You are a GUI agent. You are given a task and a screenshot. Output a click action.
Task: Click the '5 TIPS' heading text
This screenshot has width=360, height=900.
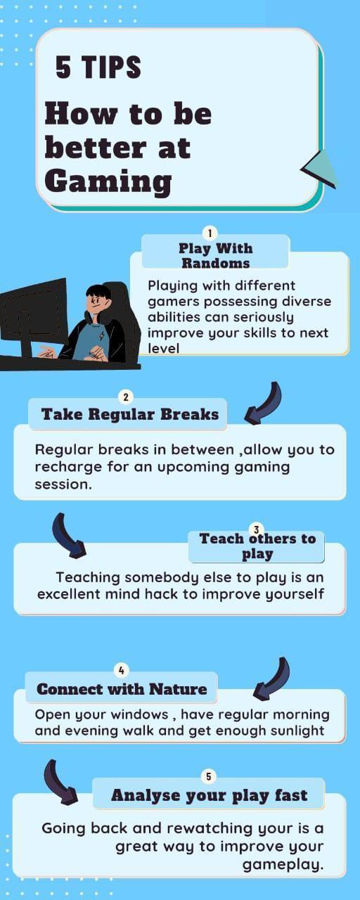[98, 68]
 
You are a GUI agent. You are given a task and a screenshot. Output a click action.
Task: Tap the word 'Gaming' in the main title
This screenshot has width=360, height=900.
[108, 181]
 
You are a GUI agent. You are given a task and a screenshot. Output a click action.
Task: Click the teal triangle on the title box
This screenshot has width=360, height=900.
[321, 169]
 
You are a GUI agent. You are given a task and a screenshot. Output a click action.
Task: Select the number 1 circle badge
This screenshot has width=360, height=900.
[209, 233]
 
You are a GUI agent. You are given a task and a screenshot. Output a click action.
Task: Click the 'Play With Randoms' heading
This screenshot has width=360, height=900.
[215, 255]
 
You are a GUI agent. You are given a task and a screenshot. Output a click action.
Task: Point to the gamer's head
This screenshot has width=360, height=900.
[98, 300]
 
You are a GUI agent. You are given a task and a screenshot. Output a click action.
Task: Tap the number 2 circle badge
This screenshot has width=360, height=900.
[125, 397]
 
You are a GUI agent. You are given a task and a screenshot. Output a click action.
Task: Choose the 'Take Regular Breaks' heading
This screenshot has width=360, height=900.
[130, 414]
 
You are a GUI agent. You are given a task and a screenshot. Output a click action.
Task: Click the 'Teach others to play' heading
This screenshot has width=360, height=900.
[257, 546]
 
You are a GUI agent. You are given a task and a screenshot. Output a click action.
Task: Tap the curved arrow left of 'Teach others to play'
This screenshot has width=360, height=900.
[67, 535]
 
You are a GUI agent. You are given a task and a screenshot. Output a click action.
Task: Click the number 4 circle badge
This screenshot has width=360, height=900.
[121, 671]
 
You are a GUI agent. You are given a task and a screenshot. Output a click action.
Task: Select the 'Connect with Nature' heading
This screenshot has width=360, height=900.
[122, 689]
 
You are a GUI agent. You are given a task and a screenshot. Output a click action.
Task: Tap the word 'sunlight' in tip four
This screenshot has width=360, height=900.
[295, 731]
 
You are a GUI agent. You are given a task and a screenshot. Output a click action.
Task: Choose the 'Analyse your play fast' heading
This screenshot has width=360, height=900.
[209, 795]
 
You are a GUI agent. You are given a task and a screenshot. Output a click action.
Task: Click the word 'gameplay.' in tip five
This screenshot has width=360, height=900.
[283, 864]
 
